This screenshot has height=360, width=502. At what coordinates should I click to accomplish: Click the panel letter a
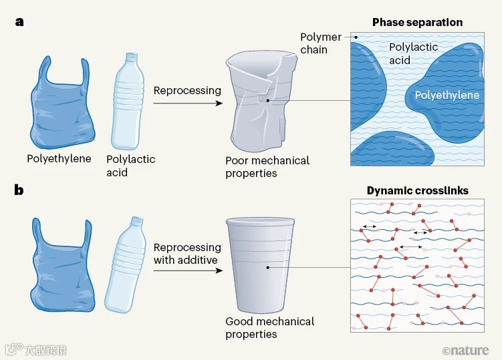coord(19,21)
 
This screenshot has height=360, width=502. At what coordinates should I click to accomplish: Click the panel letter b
coord(19,190)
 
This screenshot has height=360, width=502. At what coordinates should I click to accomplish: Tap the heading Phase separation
coord(417,22)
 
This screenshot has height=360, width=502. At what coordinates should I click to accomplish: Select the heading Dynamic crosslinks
coord(417,190)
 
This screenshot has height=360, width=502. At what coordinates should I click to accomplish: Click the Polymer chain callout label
coord(321,43)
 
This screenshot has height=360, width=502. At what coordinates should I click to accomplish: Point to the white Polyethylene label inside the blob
coord(447,96)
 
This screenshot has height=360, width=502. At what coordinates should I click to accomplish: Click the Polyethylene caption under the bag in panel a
coord(59,159)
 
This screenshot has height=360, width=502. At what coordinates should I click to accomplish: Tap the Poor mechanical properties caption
coord(267,167)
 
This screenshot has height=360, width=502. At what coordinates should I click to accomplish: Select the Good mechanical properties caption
coord(270,328)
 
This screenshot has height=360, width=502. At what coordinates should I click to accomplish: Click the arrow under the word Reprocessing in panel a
coord(187,104)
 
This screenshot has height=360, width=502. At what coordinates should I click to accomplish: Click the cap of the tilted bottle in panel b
coord(137,220)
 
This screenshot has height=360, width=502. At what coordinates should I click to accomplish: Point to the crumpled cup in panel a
coord(264,100)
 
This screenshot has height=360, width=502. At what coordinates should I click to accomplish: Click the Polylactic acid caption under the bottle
coord(131,166)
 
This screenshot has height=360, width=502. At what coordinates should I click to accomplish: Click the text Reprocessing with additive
coord(187,253)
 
